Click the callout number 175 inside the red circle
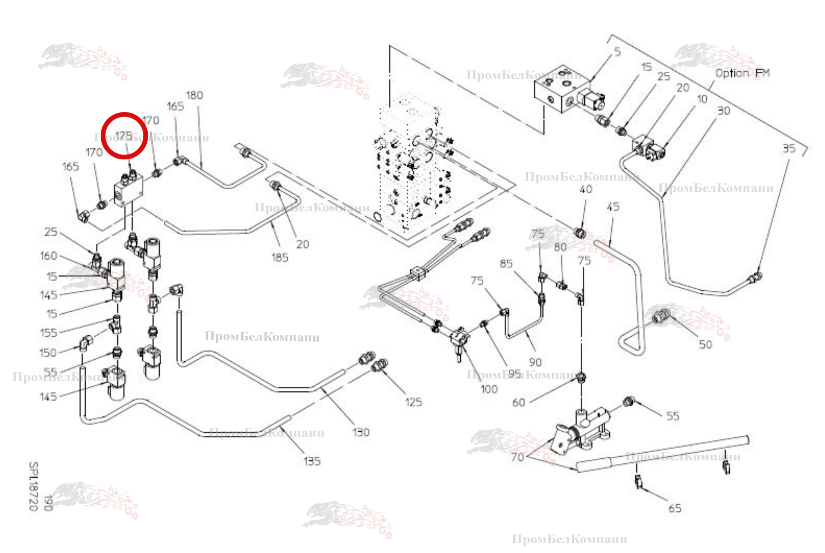[124, 135]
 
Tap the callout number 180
[194, 95]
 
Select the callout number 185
[280, 258]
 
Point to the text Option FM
[742, 73]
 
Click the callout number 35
[789, 149]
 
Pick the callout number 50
[706, 344]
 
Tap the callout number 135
[312, 462]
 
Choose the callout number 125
[413, 402]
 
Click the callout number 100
[489, 389]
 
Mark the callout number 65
[675, 508]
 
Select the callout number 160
[48, 256]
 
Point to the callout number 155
[49, 333]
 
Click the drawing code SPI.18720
[34, 486]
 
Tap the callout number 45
[613, 207]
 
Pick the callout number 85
[506, 264]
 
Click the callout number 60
[518, 403]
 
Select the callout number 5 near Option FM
[618, 52]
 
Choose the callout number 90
[535, 362]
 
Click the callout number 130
[361, 432]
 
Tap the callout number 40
[586, 189]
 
